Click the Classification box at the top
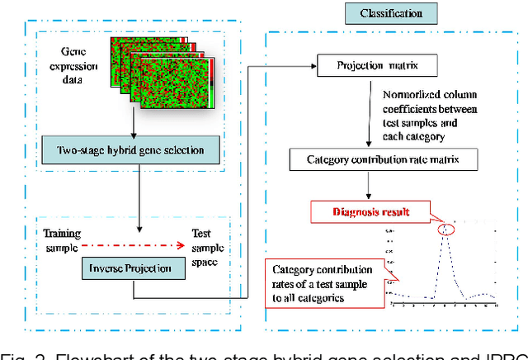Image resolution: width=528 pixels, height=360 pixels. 391,13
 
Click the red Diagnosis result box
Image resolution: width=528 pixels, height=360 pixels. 361,212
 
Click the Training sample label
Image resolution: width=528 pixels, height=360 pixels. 63,239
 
